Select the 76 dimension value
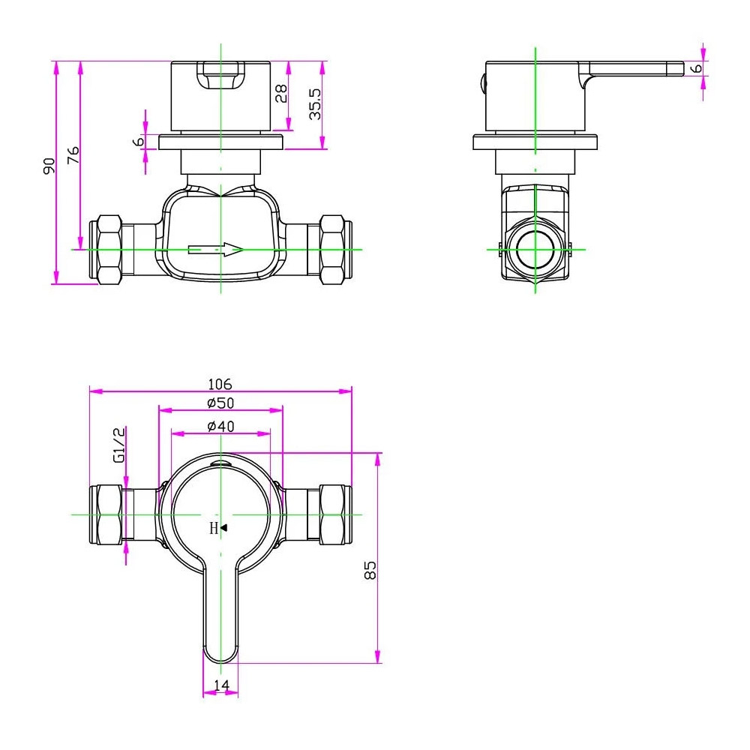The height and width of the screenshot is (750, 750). point(73,155)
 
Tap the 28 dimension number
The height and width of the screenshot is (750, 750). point(281,93)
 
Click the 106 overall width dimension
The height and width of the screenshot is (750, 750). point(219,384)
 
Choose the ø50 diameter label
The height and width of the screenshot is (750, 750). point(220,403)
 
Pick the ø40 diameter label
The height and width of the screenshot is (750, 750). point(220,426)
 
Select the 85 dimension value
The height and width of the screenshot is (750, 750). point(369,570)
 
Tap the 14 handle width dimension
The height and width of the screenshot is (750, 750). point(221,685)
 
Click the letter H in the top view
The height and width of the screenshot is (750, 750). point(214,528)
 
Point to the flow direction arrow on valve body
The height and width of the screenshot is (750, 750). point(216,250)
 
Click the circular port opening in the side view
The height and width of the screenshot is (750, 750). point(535,249)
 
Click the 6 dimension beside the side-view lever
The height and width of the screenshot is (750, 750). point(697,68)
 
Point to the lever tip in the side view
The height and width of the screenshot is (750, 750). point(676,69)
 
